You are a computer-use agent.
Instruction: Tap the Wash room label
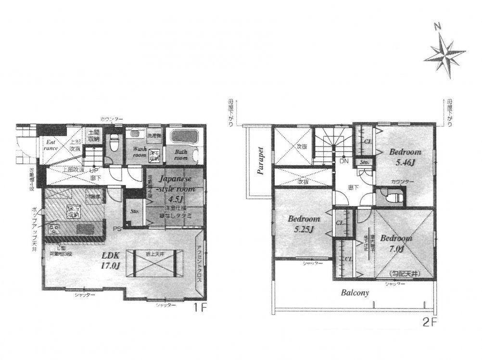coord(139,152)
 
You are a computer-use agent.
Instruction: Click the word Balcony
coord(355,292)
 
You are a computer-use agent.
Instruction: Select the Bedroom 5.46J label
coord(405,156)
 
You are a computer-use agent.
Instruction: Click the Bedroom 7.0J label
coord(395,243)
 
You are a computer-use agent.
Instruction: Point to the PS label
coord(116,228)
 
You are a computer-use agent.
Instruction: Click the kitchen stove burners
coord(52,229)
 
